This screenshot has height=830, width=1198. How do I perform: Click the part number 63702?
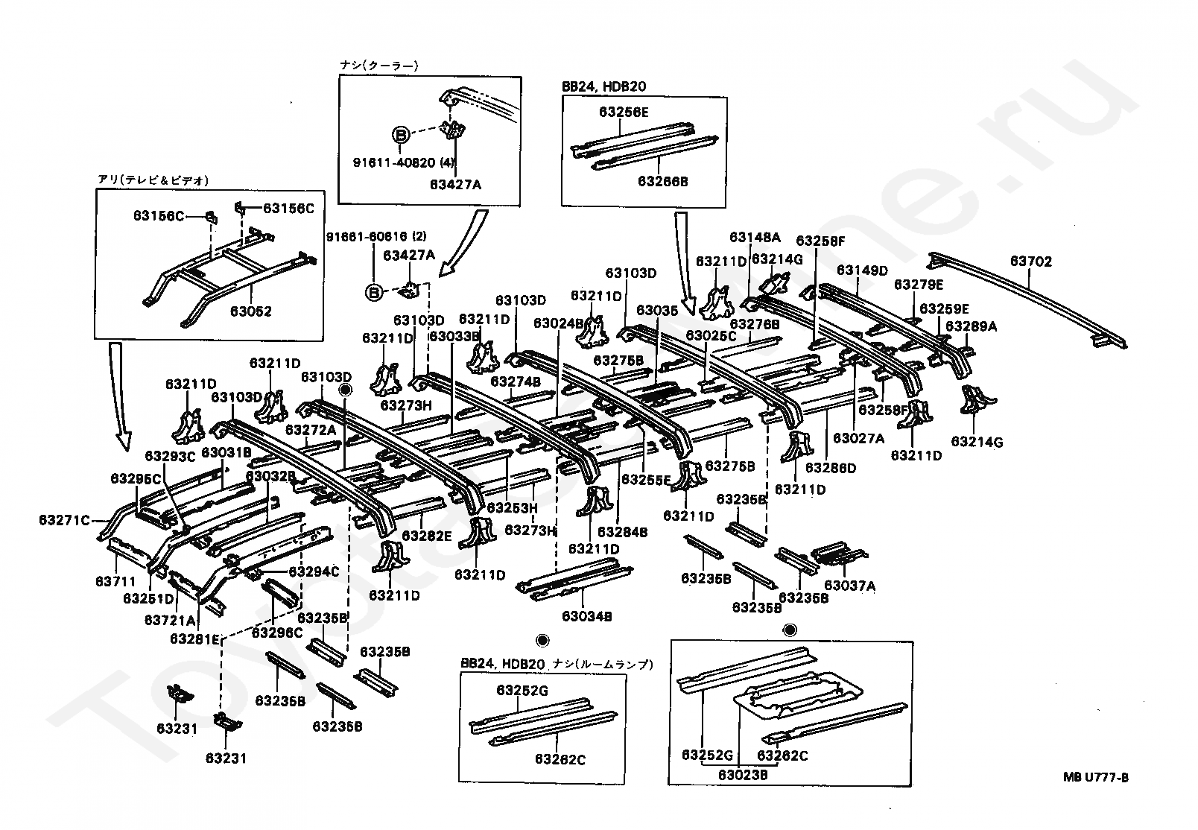click(x=1030, y=262)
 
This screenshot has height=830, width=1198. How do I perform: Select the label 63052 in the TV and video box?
click(x=251, y=311)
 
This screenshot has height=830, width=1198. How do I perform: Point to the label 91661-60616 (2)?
click(x=375, y=237)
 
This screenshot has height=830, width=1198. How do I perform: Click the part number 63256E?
click(x=624, y=113)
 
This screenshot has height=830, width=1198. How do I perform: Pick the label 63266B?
click(x=662, y=181)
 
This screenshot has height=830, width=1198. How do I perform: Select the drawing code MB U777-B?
click(x=1095, y=779)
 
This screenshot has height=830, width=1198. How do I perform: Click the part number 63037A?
click(x=849, y=586)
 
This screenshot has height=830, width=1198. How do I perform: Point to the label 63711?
click(x=115, y=580)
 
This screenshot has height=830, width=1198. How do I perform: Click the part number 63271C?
click(x=65, y=520)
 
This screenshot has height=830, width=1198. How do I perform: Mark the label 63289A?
click(x=971, y=326)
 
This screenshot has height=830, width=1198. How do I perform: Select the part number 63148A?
click(x=755, y=238)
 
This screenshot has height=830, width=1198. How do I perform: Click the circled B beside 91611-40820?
click(x=401, y=135)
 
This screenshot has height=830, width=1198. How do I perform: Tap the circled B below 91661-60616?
click(x=373, y=292)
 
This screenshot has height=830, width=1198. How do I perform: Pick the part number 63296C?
click(x=276, y=633)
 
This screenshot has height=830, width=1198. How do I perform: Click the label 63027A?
click(x=858, y=439)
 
